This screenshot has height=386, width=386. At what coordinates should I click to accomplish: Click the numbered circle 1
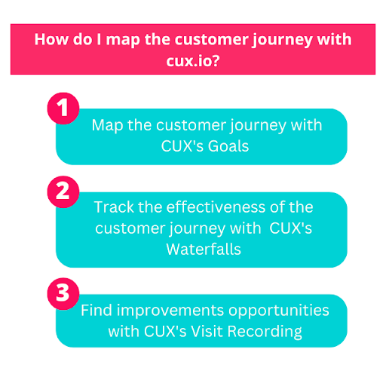click(x=63, y=109)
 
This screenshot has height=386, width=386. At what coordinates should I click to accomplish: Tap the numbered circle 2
click(x=63, y=191)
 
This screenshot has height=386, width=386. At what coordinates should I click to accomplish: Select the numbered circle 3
click(x=63, y=293)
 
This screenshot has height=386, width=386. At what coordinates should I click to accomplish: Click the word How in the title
click(x=51, y=39)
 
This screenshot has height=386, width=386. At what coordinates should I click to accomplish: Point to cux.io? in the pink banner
click(x=193, y=60)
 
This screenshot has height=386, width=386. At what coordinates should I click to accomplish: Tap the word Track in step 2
click(x=114, y=207)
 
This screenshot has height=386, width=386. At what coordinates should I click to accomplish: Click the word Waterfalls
click(x=204, y=250)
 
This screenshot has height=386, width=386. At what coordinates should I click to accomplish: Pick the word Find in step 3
click(x=96, y=310)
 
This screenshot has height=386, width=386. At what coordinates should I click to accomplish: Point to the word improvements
click(x=170, y=311)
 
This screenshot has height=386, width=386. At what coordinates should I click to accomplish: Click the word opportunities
click(x=279, y=311)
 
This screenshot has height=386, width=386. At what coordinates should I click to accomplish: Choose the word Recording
click(x=265, y=332)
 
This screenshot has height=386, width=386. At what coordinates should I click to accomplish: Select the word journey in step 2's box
click(x=197, y=229)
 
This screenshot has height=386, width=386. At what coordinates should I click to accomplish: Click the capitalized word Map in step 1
click(x=107, y=126)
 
